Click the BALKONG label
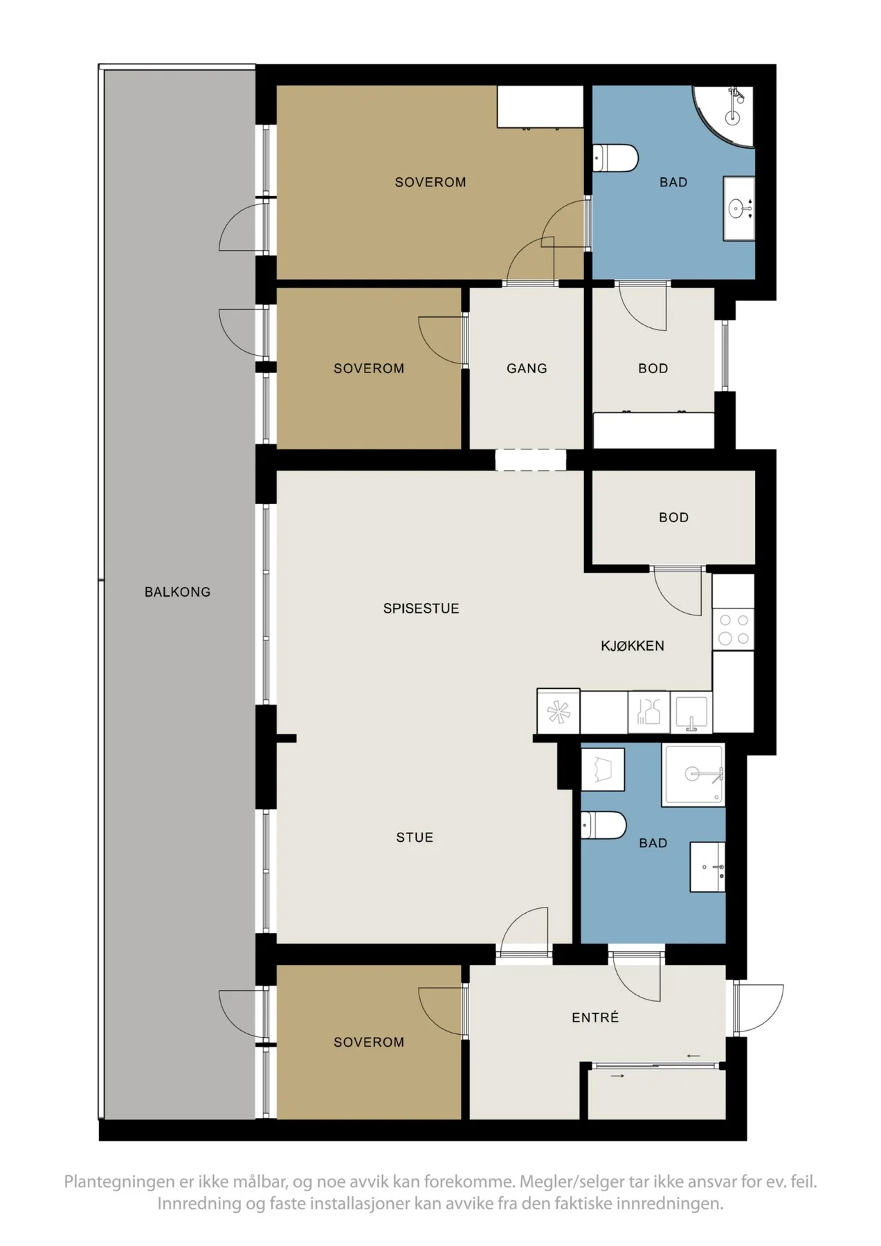point(177,592)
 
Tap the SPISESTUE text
point(421,608)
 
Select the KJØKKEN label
point(633,646)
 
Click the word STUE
point(415,838)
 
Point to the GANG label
point(527,369)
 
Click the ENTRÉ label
point(595,1017)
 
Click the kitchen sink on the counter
point(691,712)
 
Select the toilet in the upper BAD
point(615,158)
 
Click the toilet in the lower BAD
point(603,825)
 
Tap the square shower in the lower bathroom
point(693,775)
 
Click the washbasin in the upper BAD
point(739,208)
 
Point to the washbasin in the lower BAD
point(707,867)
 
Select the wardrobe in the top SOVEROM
point(541,107)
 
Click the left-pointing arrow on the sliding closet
point(693,1056)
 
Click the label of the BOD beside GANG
point(653,369)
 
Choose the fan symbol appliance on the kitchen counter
point(558,712)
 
